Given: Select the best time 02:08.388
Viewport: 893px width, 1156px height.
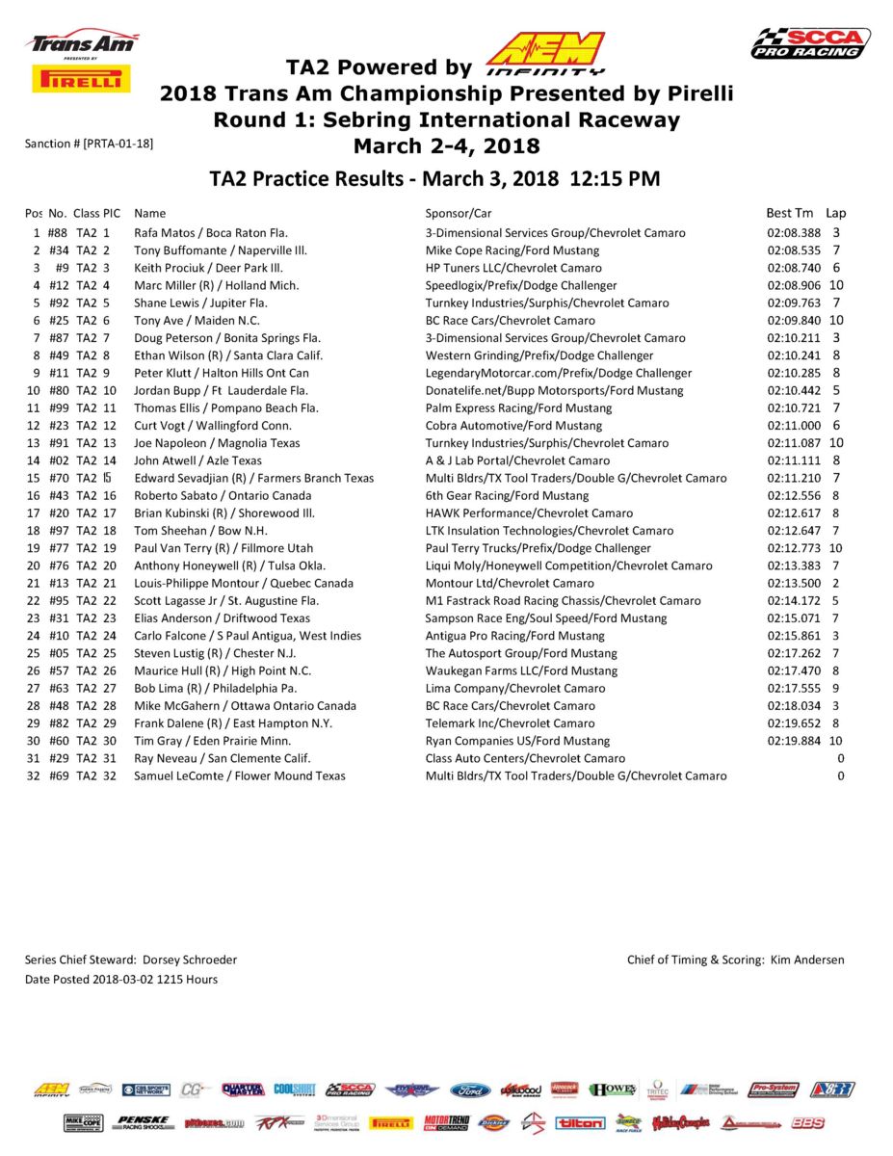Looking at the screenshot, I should click(794, 233).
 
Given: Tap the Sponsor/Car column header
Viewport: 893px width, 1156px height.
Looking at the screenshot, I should click(459, 213).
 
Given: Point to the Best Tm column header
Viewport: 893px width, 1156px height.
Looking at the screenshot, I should click(790, 213).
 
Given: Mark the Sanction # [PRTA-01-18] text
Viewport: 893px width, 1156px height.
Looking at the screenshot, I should click(89, 144).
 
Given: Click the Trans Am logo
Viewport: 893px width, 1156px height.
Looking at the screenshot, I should click(82, 43).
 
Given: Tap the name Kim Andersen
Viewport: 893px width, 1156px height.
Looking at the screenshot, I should click(807, 959).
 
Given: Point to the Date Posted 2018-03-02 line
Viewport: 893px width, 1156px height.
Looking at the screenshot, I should click(120, 980).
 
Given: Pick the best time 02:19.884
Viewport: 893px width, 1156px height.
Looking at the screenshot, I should click(794, 741).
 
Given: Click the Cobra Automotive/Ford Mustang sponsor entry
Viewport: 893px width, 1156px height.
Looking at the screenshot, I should click(513, 426).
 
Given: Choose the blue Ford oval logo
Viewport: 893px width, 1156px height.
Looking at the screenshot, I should click(470, 1090).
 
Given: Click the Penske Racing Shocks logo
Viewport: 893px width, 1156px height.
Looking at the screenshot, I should click(143, 1123).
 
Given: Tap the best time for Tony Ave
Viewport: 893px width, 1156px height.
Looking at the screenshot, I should click(794, 321).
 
